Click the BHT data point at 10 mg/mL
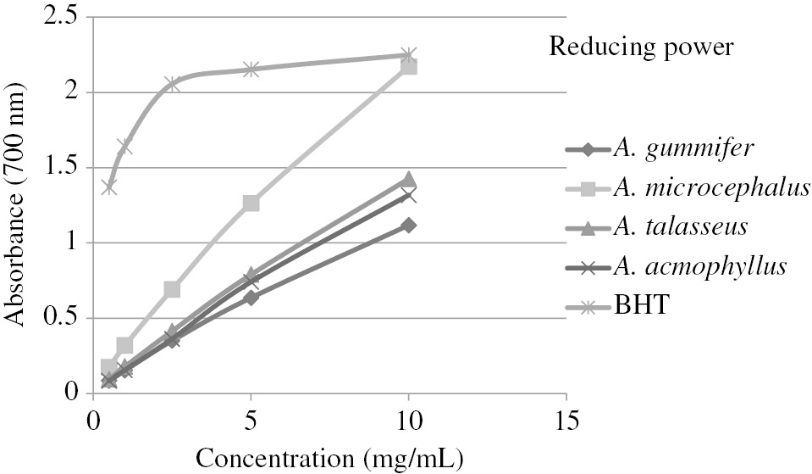(409, 55)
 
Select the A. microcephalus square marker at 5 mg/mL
(251, 204)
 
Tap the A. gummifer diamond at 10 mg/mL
(409, 226)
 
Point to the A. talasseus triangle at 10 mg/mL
(409, 180)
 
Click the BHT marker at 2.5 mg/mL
(172, 83)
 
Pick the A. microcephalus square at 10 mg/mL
(409, 66)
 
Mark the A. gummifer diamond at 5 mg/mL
(251, 298)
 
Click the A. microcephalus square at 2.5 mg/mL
(172, 290)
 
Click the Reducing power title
(641, 46)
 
